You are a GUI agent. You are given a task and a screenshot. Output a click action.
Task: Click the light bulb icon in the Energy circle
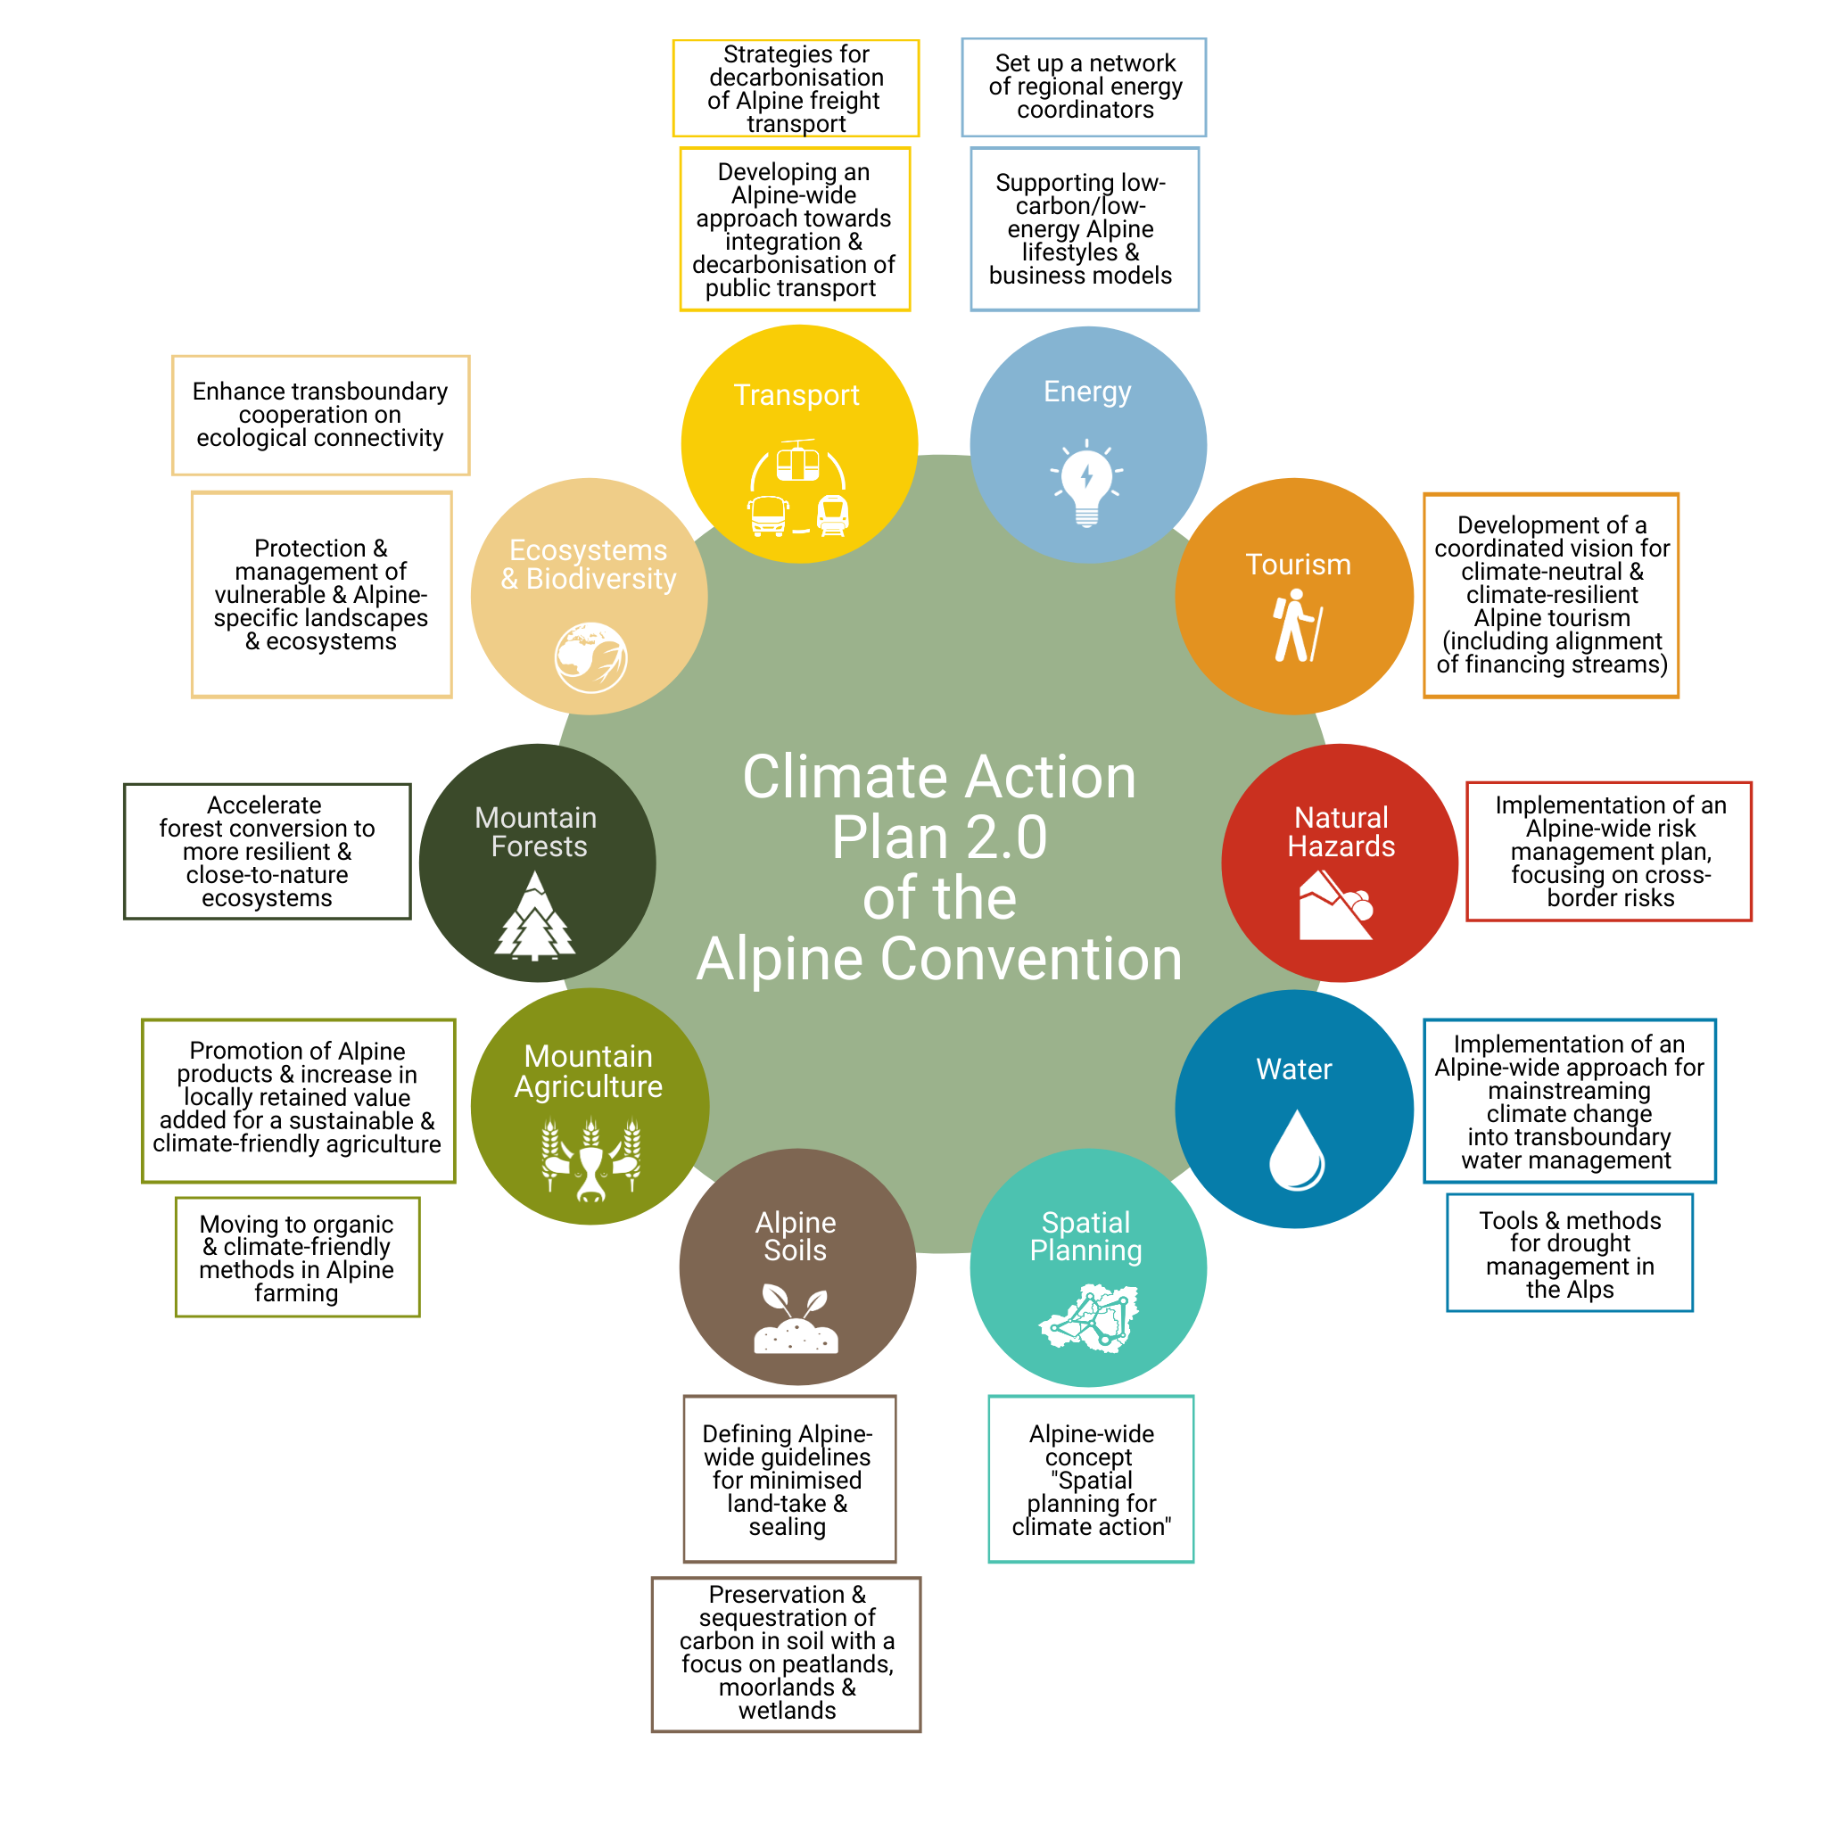coord(1086,483)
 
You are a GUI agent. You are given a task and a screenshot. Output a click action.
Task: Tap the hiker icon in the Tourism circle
coord(1296,626)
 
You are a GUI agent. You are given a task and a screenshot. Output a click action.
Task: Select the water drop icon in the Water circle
coord(1296,1150)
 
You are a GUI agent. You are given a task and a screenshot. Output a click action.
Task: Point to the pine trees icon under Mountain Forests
coord(535,915)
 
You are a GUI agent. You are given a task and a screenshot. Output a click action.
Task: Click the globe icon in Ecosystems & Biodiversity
coord(590,657)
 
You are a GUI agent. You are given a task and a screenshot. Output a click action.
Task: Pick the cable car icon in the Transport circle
coord(797,461)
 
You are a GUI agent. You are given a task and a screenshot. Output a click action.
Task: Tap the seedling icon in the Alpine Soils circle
coord(796,1318)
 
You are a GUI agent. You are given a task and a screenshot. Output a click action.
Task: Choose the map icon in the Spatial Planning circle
coord(1087,1317)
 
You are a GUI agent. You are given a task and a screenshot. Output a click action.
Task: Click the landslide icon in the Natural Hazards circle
coord(1336,905)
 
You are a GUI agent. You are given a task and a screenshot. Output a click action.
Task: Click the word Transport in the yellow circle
coord(796,395)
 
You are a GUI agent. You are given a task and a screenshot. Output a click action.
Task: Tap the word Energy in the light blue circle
coord(1087,392)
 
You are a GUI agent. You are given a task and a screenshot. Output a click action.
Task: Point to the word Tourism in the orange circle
coord(1298,565)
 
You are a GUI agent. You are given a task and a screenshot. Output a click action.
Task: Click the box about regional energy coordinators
coord(1084,87)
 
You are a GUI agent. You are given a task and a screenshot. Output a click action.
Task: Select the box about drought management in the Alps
coord(1570,1252)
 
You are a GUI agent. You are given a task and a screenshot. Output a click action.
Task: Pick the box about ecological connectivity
coord(320,416)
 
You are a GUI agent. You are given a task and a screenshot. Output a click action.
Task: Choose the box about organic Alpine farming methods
coord(297,1258)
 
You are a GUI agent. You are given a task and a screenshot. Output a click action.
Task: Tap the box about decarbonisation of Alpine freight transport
coord(796,88)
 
